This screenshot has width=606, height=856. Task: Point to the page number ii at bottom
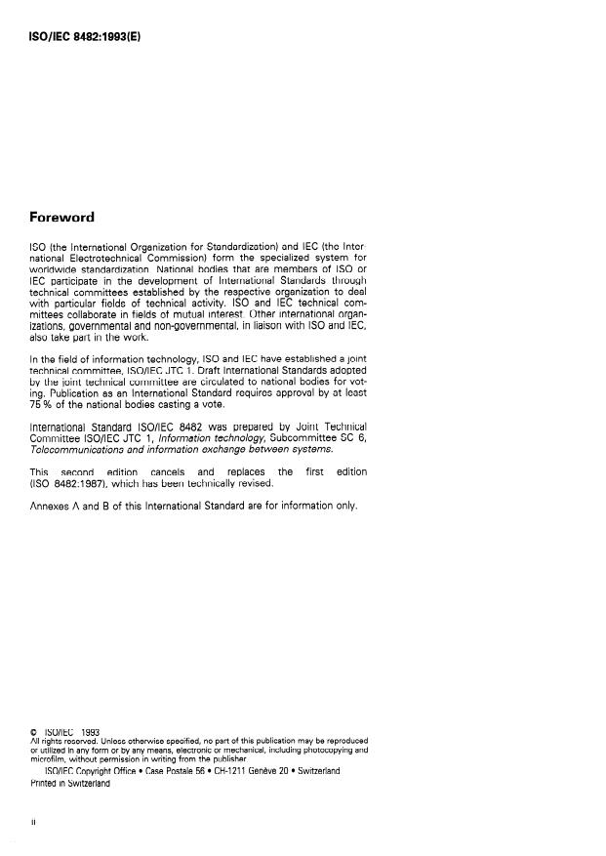point(34,822)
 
